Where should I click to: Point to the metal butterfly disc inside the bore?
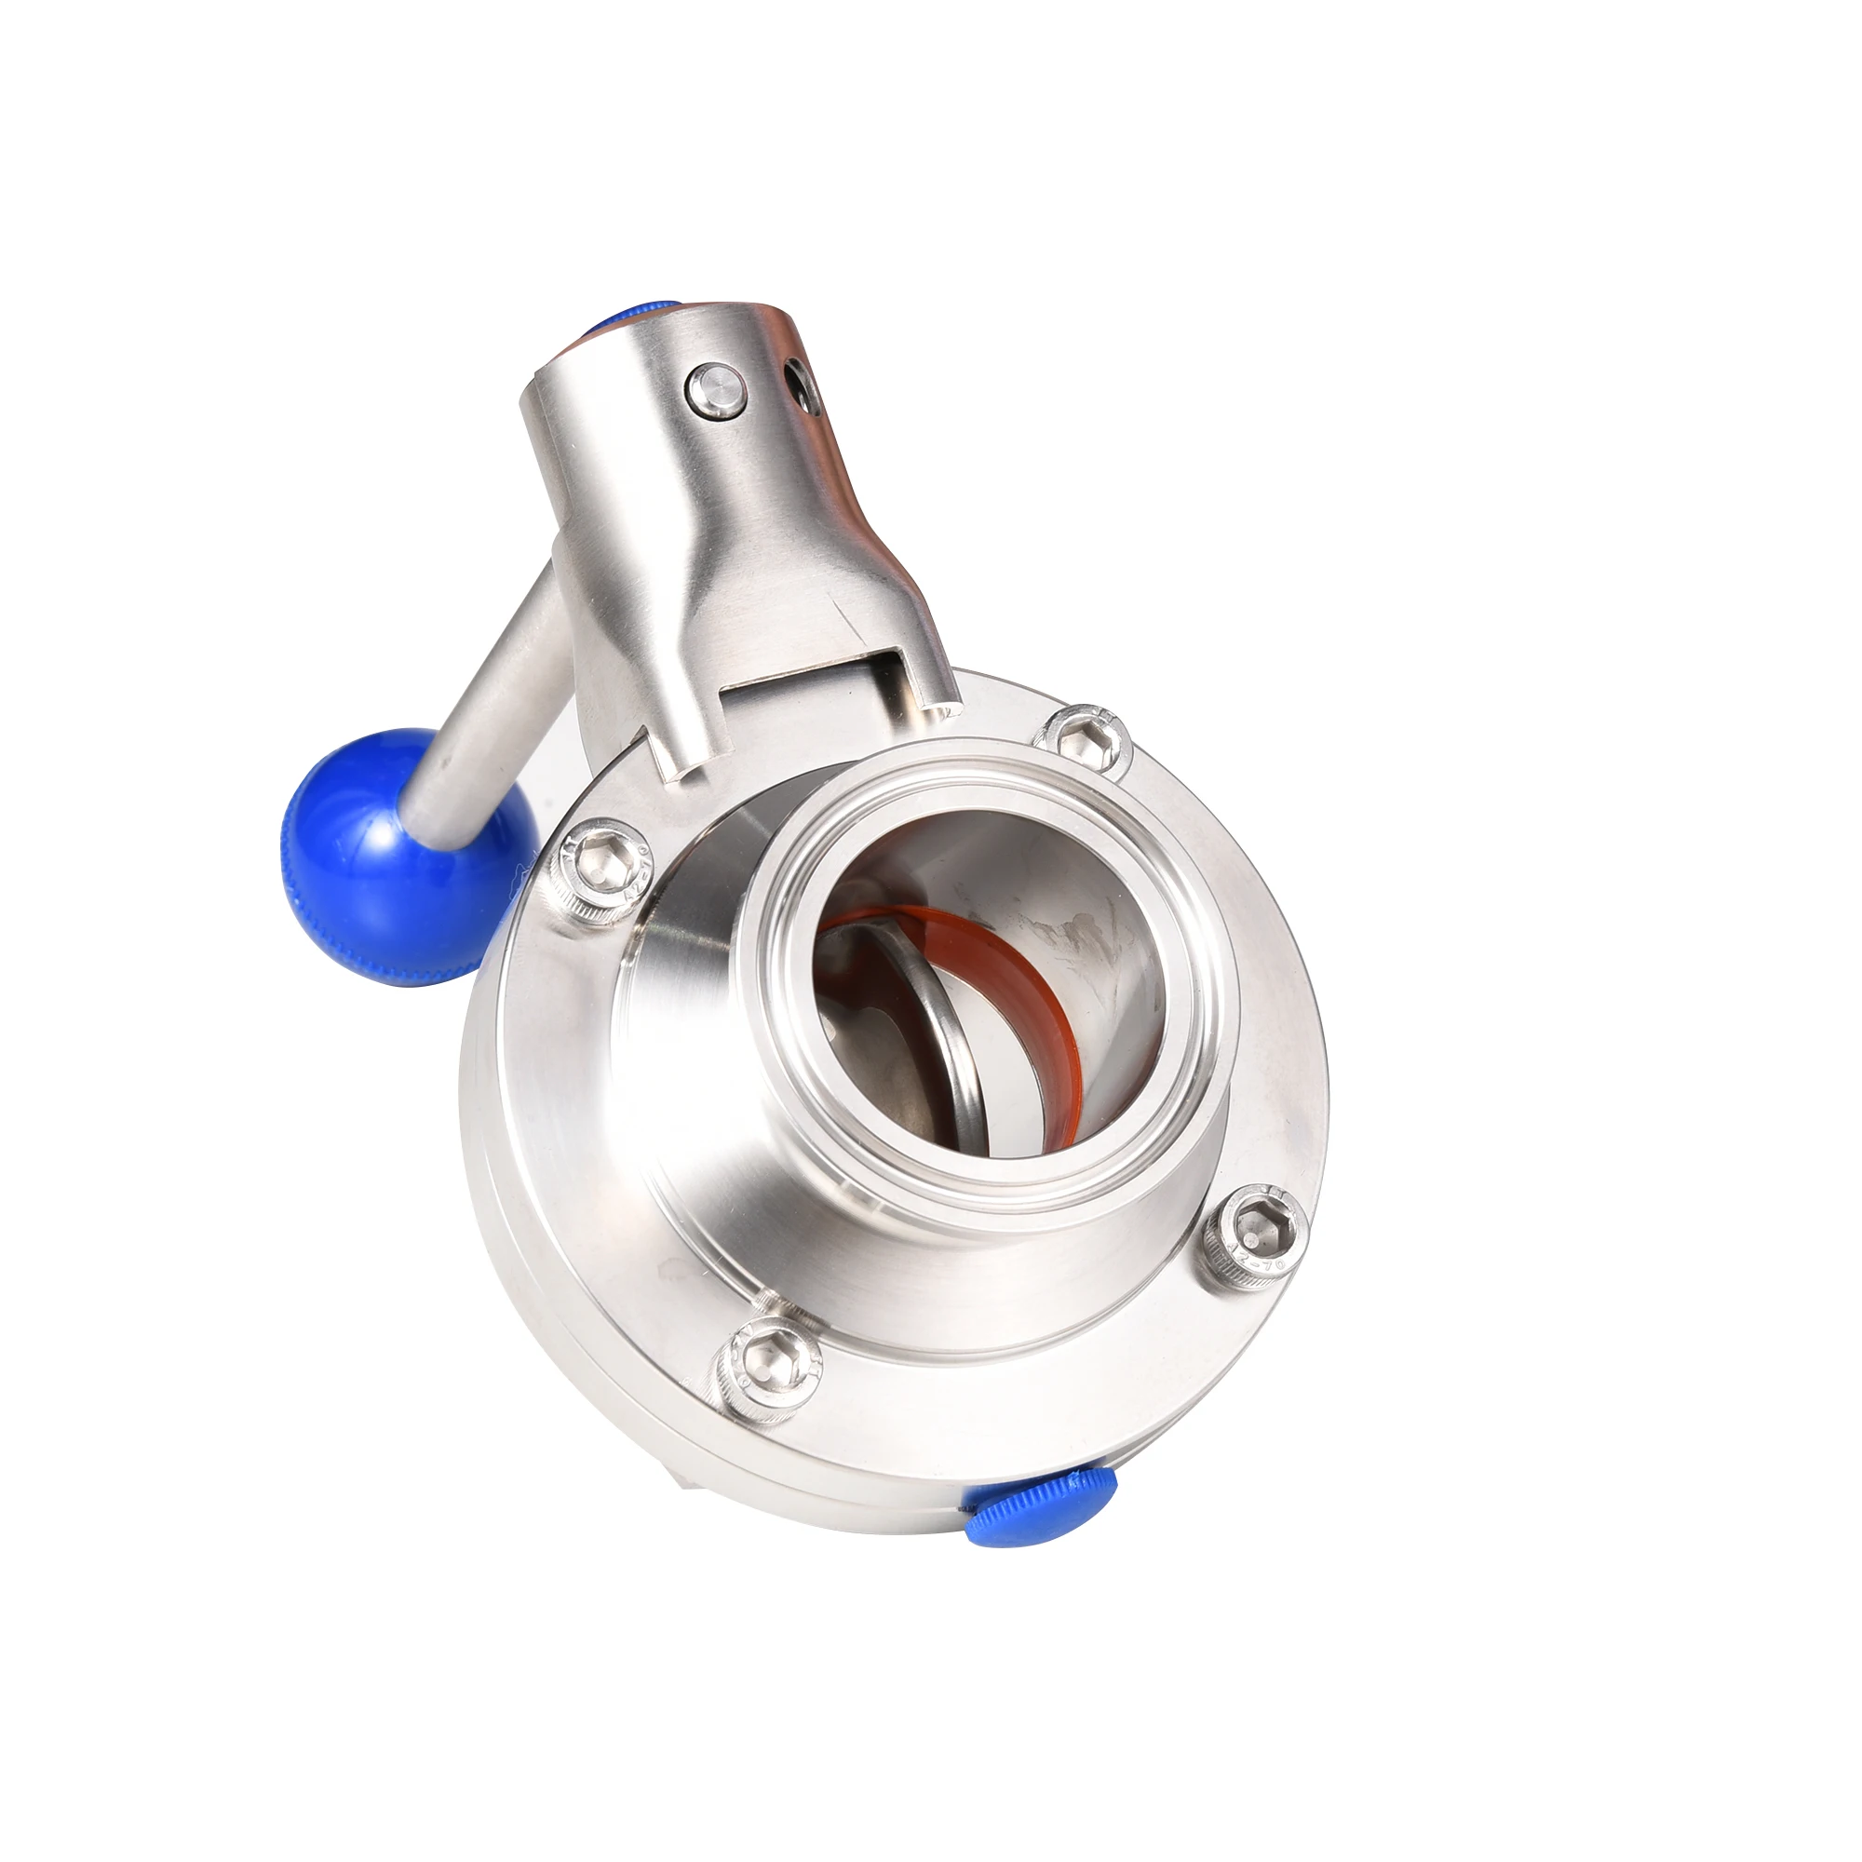tap(954, 1012)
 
